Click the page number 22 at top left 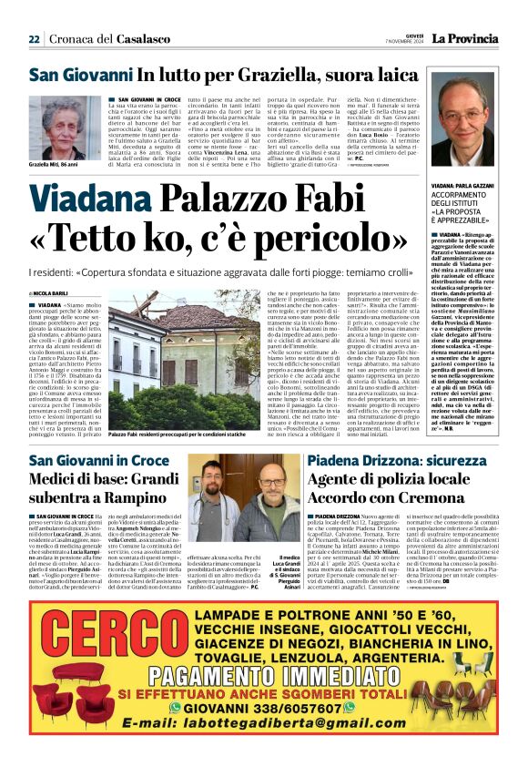34,39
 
